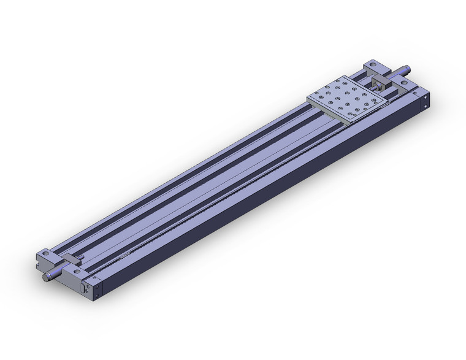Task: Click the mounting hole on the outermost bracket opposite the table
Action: [x=46, y=253]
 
